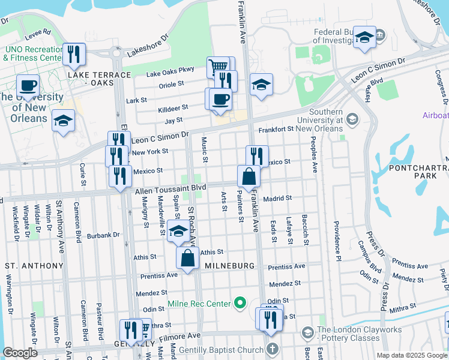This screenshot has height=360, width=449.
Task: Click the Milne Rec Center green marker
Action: coord(241,303)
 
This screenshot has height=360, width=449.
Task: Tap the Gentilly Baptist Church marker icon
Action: coord(273,348)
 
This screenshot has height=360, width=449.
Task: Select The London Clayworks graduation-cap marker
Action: coord(307,332)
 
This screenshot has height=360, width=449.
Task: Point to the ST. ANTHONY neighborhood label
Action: coord(34,265)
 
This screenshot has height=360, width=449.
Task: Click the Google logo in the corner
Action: coord(20,353)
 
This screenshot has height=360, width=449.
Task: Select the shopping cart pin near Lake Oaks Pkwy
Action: coord(218,67)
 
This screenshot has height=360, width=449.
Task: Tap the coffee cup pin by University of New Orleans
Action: coord(28,85)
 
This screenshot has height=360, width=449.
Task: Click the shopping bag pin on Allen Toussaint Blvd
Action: coord(248,176)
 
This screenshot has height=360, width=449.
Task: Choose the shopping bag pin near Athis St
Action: coord(187,258)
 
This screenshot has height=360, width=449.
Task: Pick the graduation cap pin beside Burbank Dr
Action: coord(178,231)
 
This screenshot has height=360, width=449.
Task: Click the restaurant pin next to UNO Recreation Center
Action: coord(74,54)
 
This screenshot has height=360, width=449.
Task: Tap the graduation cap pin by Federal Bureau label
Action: coord(364,37)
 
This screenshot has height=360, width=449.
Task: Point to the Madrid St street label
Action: coord(277,198)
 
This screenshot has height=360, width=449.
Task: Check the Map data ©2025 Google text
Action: coord(412,355)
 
